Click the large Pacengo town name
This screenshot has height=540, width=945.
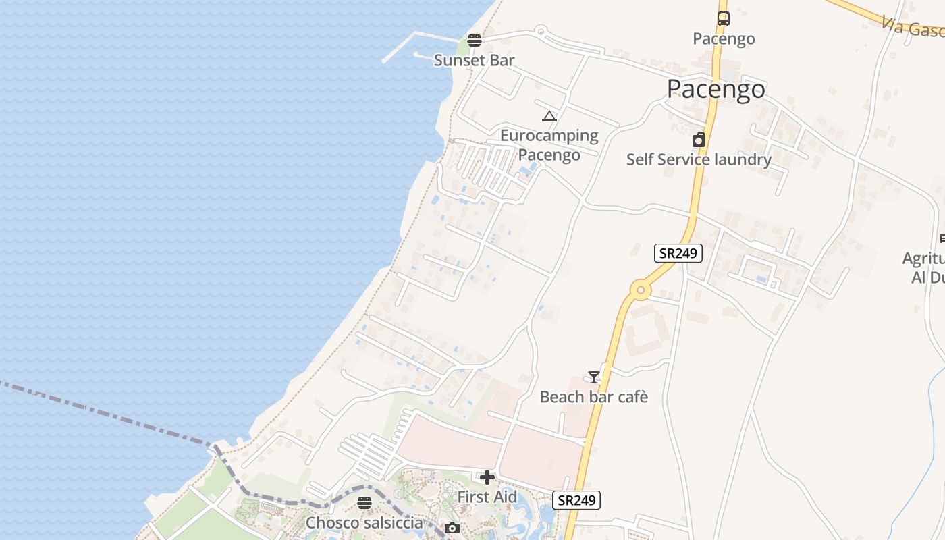point(715,89)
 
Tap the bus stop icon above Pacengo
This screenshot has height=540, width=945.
point(724,19)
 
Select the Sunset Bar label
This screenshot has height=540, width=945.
point(474,60)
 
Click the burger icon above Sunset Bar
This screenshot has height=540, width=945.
point(475,40)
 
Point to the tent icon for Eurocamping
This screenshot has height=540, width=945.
point(549,116)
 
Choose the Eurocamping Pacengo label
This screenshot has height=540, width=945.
point(549,145)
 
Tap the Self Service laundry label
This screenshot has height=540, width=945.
point(699,159)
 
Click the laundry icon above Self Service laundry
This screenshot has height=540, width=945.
point(699,140)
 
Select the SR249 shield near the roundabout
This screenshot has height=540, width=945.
point(678,253)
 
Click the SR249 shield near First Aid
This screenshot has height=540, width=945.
point(576,500)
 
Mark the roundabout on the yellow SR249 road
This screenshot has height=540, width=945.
point(640,291)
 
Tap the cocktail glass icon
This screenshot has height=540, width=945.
point(594,377)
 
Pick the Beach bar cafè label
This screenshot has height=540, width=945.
point(594,397)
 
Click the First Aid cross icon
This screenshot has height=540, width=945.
point(487,477)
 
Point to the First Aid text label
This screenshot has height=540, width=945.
point(487,497)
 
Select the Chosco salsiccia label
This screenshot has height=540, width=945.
point(364,523)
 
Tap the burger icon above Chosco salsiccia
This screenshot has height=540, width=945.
point(364,502)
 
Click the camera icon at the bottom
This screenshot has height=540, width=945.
point(452,528)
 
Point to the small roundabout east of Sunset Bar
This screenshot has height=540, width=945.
point(540,30)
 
